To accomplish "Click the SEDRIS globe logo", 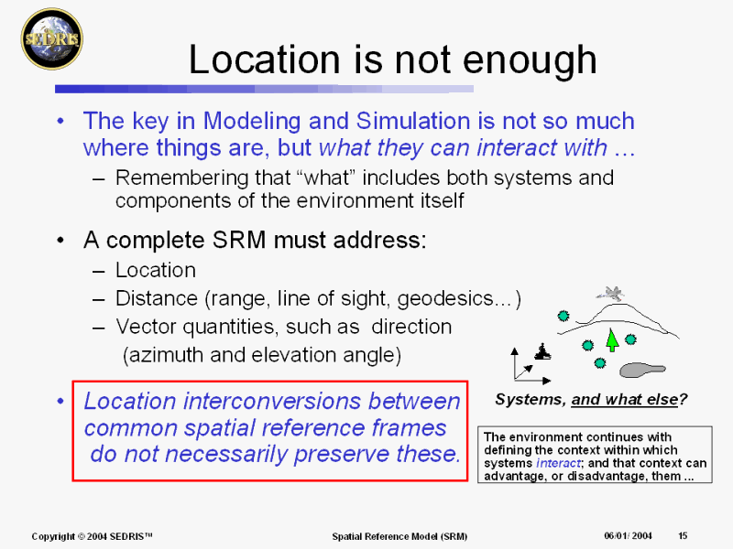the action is point(52,39).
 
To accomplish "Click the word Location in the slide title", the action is point(264,59).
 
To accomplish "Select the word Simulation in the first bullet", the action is point(414,121).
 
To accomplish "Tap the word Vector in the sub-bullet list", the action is point(147,327).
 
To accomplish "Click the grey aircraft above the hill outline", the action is point(610,293).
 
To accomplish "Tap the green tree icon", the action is point(612,339).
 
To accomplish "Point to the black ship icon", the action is point(542,351).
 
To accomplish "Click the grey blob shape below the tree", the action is point(642,370).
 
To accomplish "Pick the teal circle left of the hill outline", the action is point(563,316).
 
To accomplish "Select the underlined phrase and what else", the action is point(625,400).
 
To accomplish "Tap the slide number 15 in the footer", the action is point(683,535).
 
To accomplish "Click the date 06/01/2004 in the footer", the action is point(628,535).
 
